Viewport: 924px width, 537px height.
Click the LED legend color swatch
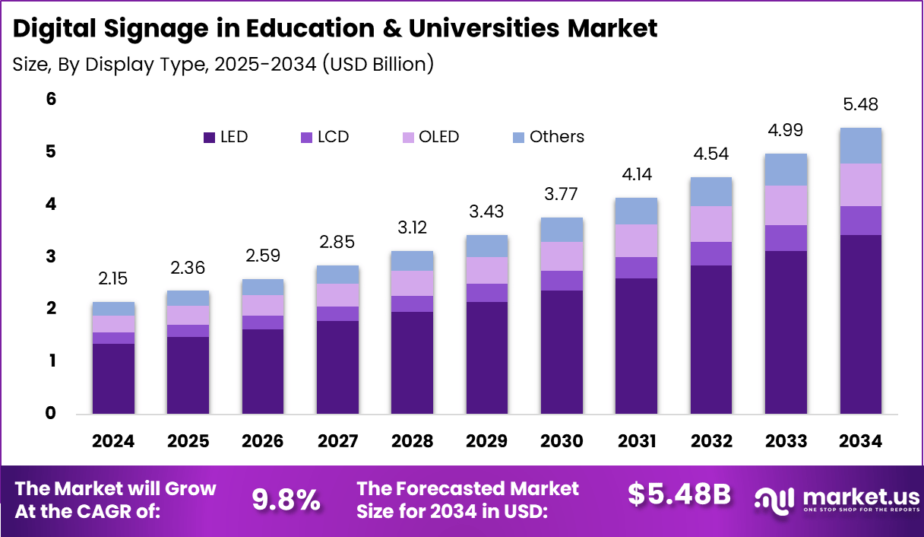pos(208,138)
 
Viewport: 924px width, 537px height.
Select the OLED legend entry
pos(430,137)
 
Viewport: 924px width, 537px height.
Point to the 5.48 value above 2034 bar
pos(860,104)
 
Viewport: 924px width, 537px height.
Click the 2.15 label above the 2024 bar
pos(113,279)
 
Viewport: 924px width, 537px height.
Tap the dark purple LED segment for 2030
pos(562,351)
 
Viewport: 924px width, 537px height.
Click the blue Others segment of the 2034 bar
pos(860,145)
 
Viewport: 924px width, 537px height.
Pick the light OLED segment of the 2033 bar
pos(786,205)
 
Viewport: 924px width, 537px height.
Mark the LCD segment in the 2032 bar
pos(711,253)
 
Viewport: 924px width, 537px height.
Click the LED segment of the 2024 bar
pos(113,378)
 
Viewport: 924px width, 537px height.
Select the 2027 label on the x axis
pos(337,442)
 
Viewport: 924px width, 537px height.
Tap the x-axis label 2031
pos(636,442)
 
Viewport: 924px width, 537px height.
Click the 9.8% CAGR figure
pos(286,499)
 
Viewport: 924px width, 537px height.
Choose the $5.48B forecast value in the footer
pos(679,495)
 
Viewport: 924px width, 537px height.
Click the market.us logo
pos(836,500)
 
